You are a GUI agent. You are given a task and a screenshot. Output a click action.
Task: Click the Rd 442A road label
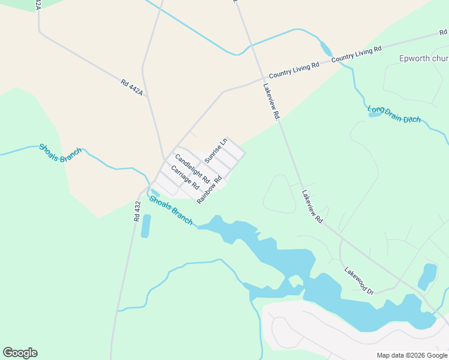click(x=132, y=88)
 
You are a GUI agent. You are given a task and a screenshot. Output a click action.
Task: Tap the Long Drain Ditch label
click(x=394, y=114)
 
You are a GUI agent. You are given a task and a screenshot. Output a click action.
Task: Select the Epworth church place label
click(x=424, y=58)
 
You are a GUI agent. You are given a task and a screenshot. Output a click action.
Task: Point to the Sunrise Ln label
click(x=216, y=151)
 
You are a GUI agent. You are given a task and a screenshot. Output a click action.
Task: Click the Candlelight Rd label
click(x=192, y=169)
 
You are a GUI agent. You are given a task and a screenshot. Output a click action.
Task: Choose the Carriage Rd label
click(x=185, y=178)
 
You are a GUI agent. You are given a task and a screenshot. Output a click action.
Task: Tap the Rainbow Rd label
click(x=209, y=188)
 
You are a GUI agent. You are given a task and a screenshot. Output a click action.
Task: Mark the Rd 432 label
click(x=137, y=211)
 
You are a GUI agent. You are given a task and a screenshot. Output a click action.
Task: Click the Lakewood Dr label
click(x=359, y=281)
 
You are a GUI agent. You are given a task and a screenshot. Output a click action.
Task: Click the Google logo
click(x=20, y=353)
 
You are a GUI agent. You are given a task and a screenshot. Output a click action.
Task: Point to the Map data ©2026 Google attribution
click(x=412, y=355)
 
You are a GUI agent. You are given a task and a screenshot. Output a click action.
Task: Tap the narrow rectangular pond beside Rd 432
click(x=145, y=226)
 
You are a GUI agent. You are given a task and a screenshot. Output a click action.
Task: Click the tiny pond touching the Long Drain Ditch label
click(x=375, y=113)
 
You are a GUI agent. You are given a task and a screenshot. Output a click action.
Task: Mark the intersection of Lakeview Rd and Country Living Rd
click(x=262, y=77)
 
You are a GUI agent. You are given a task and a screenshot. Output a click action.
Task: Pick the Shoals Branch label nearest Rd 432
click(x=171, y=210)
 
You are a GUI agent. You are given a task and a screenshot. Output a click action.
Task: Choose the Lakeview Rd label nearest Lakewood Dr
click(x=313, y=207)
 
